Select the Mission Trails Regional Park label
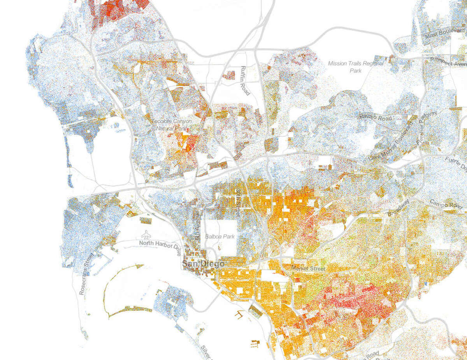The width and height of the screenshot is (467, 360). (356, 67)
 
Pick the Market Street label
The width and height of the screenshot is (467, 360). (308, 268)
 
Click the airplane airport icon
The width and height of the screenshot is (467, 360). (147, 234)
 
